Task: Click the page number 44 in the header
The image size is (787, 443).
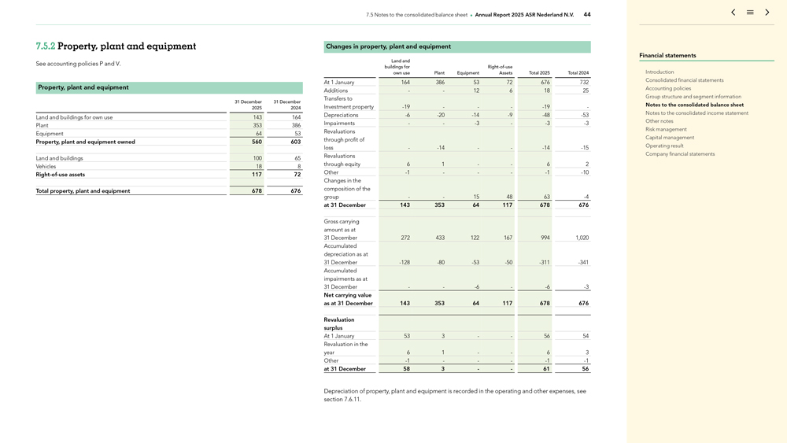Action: (x=587, y=14)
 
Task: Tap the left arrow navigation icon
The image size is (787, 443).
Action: (x=733, y=13)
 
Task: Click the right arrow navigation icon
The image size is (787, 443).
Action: (x=767, y=13)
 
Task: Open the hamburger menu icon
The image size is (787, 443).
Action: (x=750, y=13)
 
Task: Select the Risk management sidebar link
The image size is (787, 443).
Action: (x=666, y=129)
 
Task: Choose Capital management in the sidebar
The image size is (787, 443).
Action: (x=670, y=138)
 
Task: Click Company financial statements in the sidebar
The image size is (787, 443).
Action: (x=680, y=154)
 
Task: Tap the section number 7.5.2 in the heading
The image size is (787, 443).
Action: (x=46, y=46)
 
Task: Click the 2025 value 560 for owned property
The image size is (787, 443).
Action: (x=257, y=142)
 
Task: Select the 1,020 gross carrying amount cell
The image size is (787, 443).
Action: (x=582, y=238)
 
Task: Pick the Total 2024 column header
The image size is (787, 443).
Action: (x=578, y=73)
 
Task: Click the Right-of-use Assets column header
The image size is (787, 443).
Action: (x=500, y=70)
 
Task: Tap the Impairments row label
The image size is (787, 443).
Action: (x=339, y=123)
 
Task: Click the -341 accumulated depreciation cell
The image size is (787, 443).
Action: (x=582, y=262)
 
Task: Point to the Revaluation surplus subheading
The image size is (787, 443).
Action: (x=339, y=323)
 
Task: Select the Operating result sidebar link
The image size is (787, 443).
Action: (x=664, y=146)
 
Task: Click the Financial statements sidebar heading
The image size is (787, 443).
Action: (x=667, y=56)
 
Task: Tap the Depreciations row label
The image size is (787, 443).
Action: (x=341, y=115)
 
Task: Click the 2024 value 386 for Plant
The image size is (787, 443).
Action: (x=295, y=125)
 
